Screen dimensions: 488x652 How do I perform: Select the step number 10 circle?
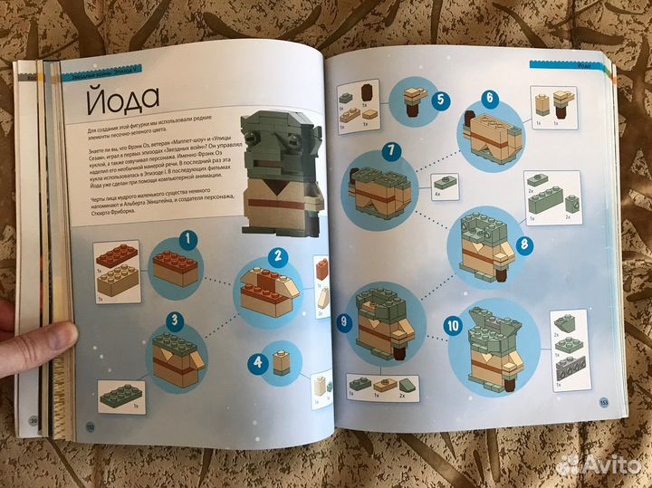tap(451, 326)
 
